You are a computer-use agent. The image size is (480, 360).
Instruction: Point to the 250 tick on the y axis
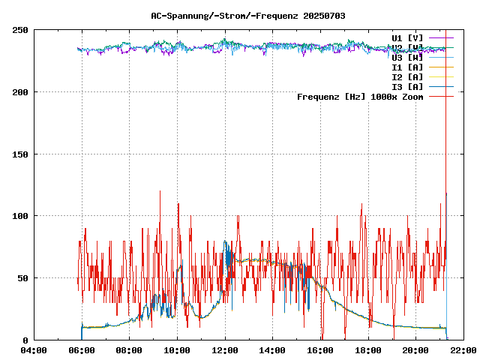(20, 30)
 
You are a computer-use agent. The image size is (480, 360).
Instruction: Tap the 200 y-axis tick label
(20, 92)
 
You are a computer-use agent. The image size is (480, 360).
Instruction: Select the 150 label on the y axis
(20, 154)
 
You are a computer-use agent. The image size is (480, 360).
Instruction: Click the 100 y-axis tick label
(20, 216)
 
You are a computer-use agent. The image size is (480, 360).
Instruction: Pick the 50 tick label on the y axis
(22, 278)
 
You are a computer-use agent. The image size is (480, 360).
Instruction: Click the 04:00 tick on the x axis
(34, 350)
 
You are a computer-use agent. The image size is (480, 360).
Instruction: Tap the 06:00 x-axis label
(82, 350)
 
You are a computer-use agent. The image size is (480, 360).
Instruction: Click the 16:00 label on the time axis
(320, 350)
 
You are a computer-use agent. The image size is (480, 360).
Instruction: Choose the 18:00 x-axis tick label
(368, 350)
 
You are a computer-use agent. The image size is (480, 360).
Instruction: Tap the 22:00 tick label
(463, 350)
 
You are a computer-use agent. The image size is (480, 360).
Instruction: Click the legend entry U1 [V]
(407, 37)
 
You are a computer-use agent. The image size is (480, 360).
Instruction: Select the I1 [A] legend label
(407, 67)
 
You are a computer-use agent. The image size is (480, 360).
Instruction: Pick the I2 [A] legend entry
(407, 76)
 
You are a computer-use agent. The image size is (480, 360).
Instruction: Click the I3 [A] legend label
(407, 86)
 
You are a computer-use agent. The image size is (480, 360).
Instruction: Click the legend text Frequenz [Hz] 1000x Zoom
(360, 97)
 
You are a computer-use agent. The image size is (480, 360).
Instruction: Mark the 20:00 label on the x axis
(415, 350)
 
